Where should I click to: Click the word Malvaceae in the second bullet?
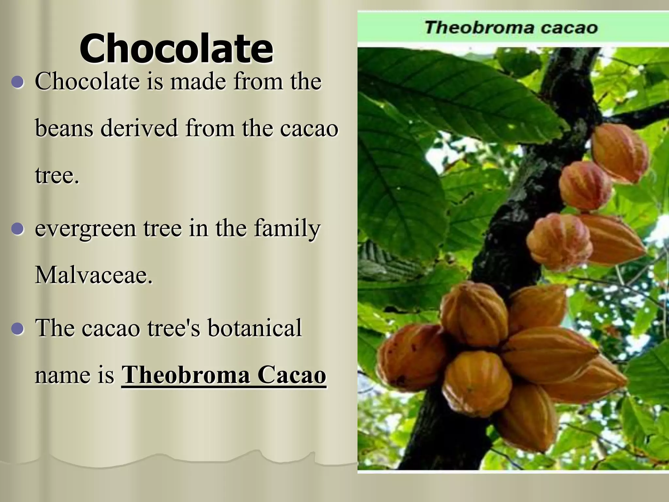click(93, 275)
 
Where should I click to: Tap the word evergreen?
click(85, 228)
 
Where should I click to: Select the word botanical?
click(254, 328)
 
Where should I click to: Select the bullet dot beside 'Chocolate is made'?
click(18, 82)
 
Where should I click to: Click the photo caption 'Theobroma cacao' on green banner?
click(511, 27)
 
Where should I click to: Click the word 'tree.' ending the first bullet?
click(57, 176)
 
